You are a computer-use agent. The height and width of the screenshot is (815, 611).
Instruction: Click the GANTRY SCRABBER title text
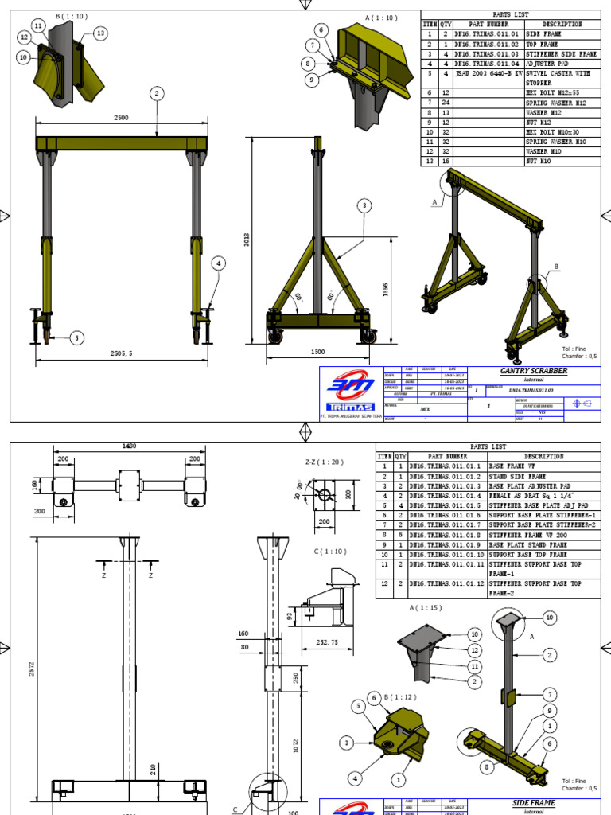(x=539, y=371)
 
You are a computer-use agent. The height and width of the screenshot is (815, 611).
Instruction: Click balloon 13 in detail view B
(x=100, y=33)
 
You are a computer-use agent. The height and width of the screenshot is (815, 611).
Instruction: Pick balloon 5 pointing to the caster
(x=77, y=337)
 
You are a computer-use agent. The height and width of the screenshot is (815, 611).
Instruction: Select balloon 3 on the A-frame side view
(x=364, y=205)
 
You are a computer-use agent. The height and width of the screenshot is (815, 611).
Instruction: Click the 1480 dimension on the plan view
(x=128, y=447)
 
